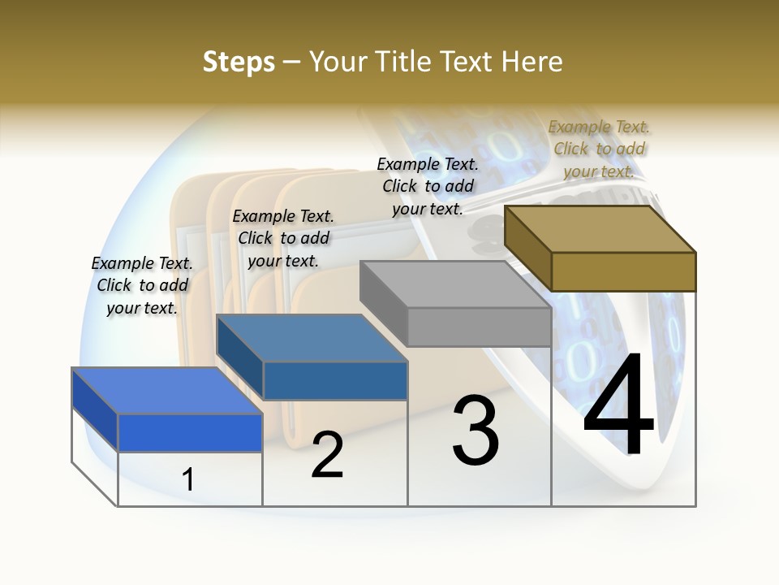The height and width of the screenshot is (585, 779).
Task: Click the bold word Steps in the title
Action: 239,62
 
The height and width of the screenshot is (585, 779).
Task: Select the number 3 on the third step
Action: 476,431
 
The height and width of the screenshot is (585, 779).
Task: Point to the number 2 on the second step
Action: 327,455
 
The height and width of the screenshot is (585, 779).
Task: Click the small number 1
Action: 188,479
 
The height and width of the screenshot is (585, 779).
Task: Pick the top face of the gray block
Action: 454,284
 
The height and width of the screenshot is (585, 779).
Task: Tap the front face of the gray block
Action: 479,327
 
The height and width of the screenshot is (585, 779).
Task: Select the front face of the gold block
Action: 623,271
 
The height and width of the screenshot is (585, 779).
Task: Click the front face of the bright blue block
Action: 190,432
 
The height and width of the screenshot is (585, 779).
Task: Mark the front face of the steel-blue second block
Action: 335,380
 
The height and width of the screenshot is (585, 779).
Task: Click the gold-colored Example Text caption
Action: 599,149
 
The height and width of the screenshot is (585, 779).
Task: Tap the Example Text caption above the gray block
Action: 428,186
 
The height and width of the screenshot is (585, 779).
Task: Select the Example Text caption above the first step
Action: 142,285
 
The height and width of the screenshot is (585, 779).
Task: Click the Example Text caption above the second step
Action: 283,238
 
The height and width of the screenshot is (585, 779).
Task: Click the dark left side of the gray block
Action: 383,301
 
